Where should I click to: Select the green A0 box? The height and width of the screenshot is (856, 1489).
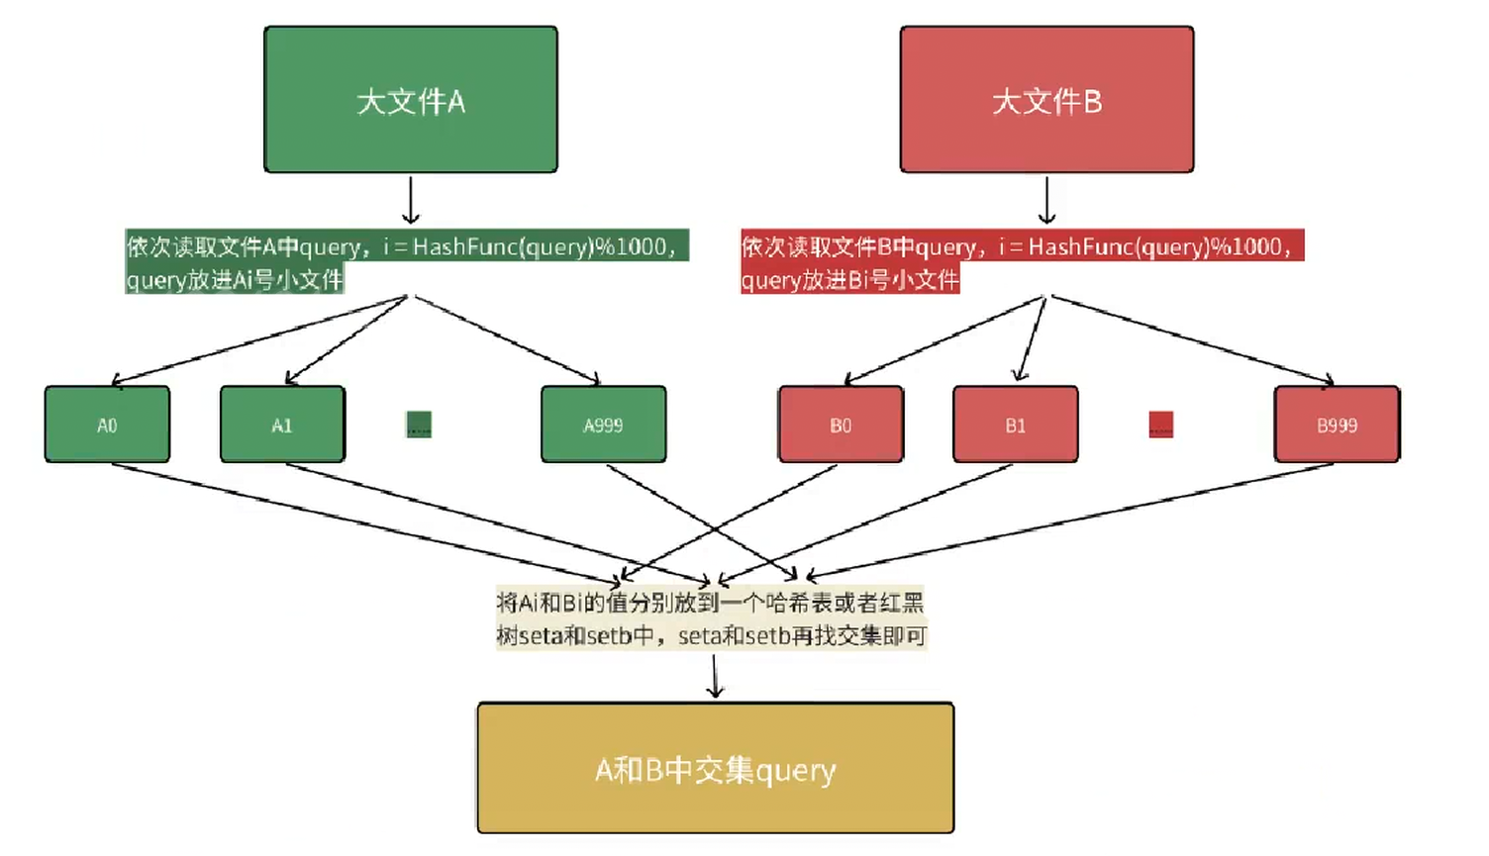[107, 425]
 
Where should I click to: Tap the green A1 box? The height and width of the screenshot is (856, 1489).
[282, 425]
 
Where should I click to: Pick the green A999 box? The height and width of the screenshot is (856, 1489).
[603, 425]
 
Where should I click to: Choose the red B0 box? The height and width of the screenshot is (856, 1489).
[841, 425]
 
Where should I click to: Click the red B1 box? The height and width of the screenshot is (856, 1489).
[1015, 425]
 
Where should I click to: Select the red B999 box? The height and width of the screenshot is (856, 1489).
[1337, 425]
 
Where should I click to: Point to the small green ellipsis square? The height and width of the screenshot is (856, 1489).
[419, 425]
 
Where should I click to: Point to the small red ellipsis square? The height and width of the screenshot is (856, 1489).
[1160, 425]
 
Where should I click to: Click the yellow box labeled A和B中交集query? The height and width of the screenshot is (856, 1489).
[715, 768]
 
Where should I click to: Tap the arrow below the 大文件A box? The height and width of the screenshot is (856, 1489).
[411, 200]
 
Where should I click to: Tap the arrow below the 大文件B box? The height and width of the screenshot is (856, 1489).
[1046, 200]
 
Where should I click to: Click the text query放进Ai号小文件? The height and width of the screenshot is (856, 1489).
[235, 280]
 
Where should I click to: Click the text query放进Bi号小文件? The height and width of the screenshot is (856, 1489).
[850, 280]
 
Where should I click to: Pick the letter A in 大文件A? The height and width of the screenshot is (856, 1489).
[455, 102]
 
